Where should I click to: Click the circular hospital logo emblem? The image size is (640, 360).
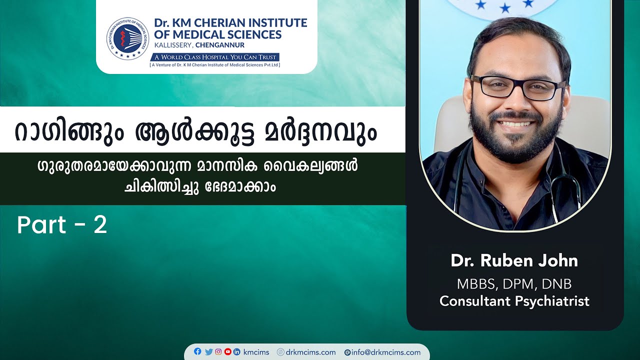tap(127, 38)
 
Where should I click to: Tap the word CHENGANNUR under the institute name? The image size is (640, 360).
tap(220, 45)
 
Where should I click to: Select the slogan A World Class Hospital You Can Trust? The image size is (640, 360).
tap(215, 57)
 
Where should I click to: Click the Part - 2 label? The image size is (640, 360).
tap(62, 225)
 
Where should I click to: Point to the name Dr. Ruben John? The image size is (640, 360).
tap(514, 260)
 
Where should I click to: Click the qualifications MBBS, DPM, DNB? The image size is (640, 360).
tap(514, 284)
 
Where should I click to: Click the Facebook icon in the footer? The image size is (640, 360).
tap(197, 351)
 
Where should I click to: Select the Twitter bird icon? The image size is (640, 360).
tap(208, 351)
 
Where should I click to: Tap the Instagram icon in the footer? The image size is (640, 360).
tap(218, 351)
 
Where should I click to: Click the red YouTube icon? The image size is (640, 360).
tap(227, 351)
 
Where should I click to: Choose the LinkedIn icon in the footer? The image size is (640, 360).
tap(237, 351)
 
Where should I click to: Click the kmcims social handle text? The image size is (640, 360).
tap(256, 352)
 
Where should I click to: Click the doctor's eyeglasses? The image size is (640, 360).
tap(517, 87)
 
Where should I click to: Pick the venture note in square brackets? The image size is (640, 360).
tap(215, 65)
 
